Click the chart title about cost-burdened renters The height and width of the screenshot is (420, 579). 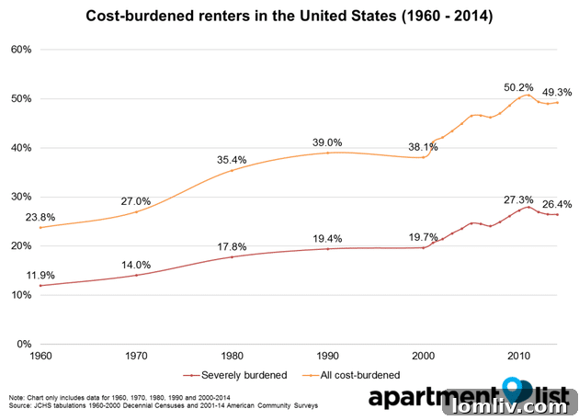pyautogui.click(x=289, y=16)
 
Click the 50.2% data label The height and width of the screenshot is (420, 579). pyautogui.click(x=518, y=87)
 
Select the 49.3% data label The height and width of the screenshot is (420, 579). pyautogui.click(x=557, y=92)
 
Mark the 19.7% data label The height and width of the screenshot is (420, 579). pyautogui.click(x=425, y=236)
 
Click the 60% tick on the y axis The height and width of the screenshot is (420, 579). pyautogui.click(x=19, y=50)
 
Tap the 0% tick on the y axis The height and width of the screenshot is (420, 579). pyautogui.click(x=23, y=344)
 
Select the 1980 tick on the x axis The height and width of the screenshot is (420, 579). pyautogui.click(x=232, y=355)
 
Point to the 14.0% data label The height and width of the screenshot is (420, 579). pyautogui.click(x=136, y=265)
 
